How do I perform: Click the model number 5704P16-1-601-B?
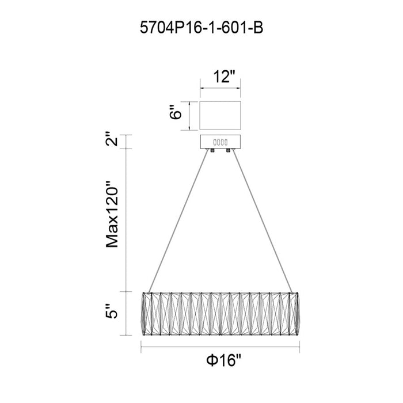coord(201,28)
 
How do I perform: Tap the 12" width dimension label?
coord(225,77)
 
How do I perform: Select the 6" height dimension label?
coord(176,112)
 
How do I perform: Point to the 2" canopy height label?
coord(112,139)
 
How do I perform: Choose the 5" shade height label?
coord(112,311)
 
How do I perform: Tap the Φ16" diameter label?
coord(223,360)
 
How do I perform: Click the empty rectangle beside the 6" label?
coord(220,115)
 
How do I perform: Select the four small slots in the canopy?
coord(220,142)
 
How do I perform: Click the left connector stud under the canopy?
coord(212,150)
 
